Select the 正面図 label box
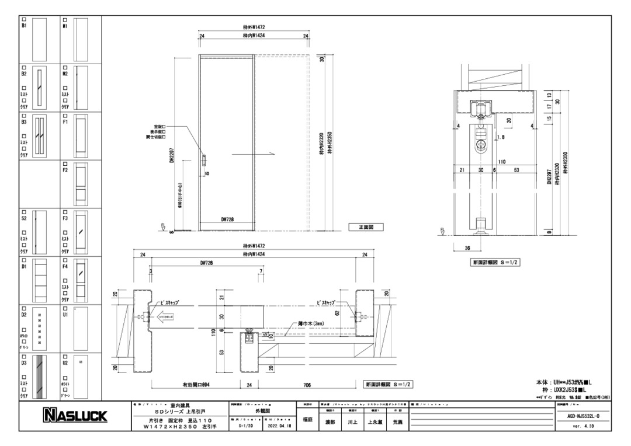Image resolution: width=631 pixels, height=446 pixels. tap(365, 227)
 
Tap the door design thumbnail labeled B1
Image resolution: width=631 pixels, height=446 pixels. tap(39, 38)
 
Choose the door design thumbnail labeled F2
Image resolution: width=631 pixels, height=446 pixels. tap(81, 183)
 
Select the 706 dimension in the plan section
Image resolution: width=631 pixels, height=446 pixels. tap(307, 385)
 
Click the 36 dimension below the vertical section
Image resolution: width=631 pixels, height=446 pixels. tap(467, 248)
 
